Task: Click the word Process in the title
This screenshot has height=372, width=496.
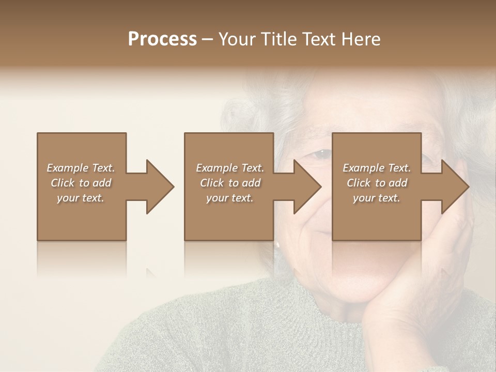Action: point(162,39)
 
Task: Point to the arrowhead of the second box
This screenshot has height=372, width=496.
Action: point(307,187)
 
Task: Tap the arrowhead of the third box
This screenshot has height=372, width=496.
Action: point(455,187)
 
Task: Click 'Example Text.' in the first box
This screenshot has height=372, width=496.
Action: point(81,168)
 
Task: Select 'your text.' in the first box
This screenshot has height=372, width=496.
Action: point(81,198)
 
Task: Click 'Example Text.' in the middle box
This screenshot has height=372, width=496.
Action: point(230,168)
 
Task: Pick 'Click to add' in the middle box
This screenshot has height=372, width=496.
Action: point(230,183)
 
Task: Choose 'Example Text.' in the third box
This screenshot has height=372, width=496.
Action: point(377,168)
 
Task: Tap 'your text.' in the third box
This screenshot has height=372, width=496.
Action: point(377,198)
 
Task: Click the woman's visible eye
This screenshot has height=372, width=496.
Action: point(321,153)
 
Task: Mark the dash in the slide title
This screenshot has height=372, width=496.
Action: point(208,39)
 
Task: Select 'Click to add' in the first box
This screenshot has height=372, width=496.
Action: point(81,183)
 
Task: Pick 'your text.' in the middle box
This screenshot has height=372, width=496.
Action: point(230,198)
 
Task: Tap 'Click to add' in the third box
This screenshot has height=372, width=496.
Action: point(377,183)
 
